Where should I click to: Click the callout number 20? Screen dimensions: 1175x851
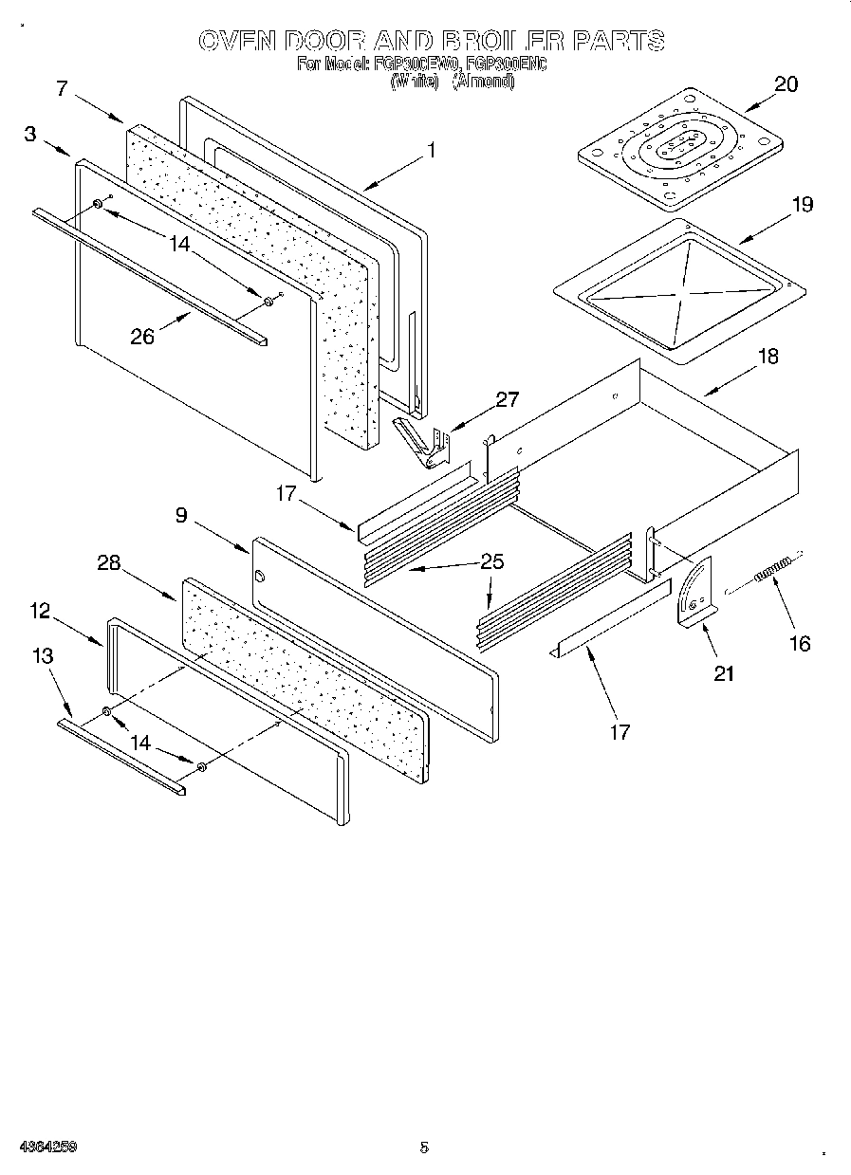point(786,83)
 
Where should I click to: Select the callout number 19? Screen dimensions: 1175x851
point(803,204)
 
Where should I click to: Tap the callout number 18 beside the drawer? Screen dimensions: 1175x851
point(768,356)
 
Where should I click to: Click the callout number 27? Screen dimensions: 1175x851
point(508,399)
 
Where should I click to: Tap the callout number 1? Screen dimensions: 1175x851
point(431,150)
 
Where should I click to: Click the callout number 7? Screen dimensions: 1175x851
point(62,89)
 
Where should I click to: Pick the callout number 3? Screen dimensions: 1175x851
point(30,135)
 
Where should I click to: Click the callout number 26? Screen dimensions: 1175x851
point(142,337)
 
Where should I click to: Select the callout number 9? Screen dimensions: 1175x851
point(180,515)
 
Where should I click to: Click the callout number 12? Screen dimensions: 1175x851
point(39,611)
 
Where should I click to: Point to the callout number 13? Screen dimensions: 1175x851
point(42,655)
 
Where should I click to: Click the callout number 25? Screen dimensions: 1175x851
point(491,560)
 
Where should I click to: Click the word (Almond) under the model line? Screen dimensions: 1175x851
point(483,82)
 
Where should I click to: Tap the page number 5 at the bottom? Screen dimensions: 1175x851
point(424,1147)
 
